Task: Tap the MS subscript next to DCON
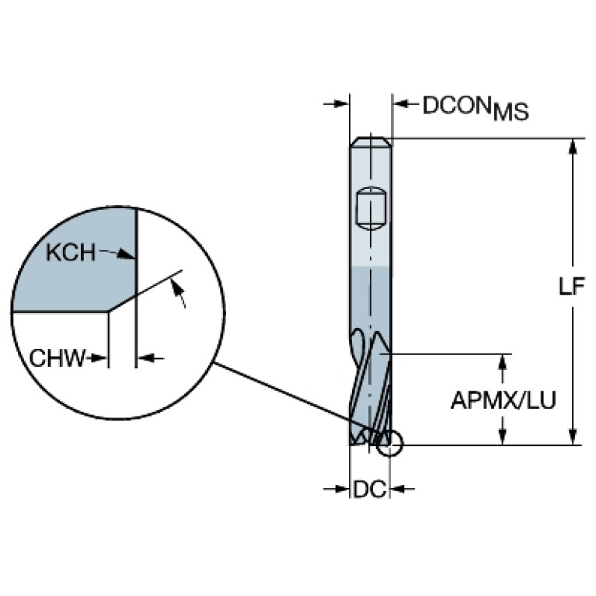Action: tap(511, 113)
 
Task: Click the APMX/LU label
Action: tap(503, 400)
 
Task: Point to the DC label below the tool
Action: tap(370, 490)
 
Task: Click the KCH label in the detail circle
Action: tap(70, 253)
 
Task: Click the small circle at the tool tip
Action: tap(389, 443)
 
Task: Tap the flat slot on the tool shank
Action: tap(371, 209)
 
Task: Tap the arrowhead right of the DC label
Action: tap(399, 489)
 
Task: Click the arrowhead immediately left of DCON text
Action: tap(402, 103)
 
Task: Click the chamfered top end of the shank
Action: tap(371, 141)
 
